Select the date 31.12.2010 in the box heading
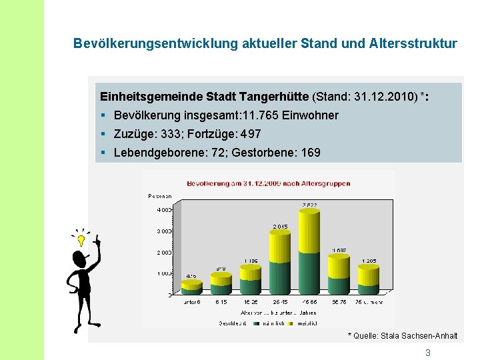381,97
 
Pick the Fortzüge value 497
249,134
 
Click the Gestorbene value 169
311,153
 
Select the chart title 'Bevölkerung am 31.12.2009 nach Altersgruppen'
269,183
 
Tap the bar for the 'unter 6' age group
191,287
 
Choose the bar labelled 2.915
280,257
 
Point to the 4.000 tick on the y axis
163,210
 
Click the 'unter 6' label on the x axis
191,302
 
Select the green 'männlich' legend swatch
256,323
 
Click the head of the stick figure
80,258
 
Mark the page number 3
428,353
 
